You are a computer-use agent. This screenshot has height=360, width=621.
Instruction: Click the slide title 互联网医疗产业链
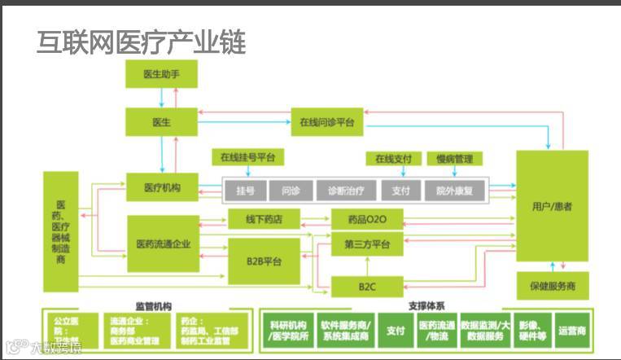click(141, 42)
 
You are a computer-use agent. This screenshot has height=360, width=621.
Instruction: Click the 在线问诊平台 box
click(326, 122)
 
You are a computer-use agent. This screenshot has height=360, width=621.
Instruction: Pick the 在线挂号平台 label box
click(247, 156)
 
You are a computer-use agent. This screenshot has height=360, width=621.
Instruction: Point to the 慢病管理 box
click(453, 159)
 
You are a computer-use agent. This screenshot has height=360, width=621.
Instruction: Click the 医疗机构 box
click(163, 188)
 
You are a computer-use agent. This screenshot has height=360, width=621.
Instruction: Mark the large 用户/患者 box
click(552, 206)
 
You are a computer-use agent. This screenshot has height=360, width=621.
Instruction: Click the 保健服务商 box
click(552, 287)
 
